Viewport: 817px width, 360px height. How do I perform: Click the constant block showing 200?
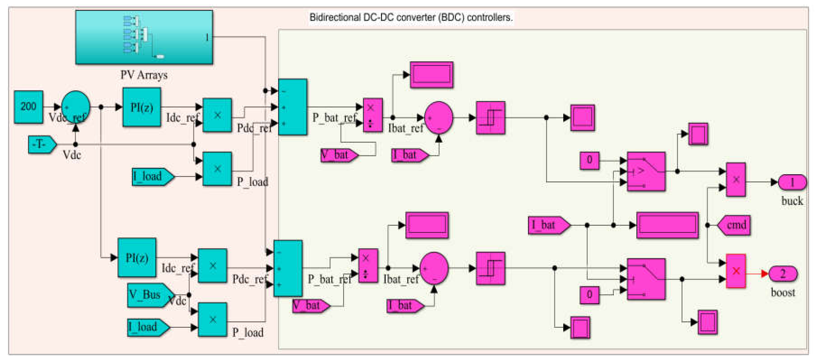click(28, 107)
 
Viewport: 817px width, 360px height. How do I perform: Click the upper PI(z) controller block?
click(142, 107)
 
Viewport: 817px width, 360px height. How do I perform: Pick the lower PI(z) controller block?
click(137, 257)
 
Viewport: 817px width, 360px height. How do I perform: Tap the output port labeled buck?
click(792, 182)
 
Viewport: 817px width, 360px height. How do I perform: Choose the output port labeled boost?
click(783, 273)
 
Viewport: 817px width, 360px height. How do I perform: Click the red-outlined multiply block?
click(736, 271)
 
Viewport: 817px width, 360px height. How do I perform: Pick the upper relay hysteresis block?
click(490, 118)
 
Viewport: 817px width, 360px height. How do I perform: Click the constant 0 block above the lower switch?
click(589, 295)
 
